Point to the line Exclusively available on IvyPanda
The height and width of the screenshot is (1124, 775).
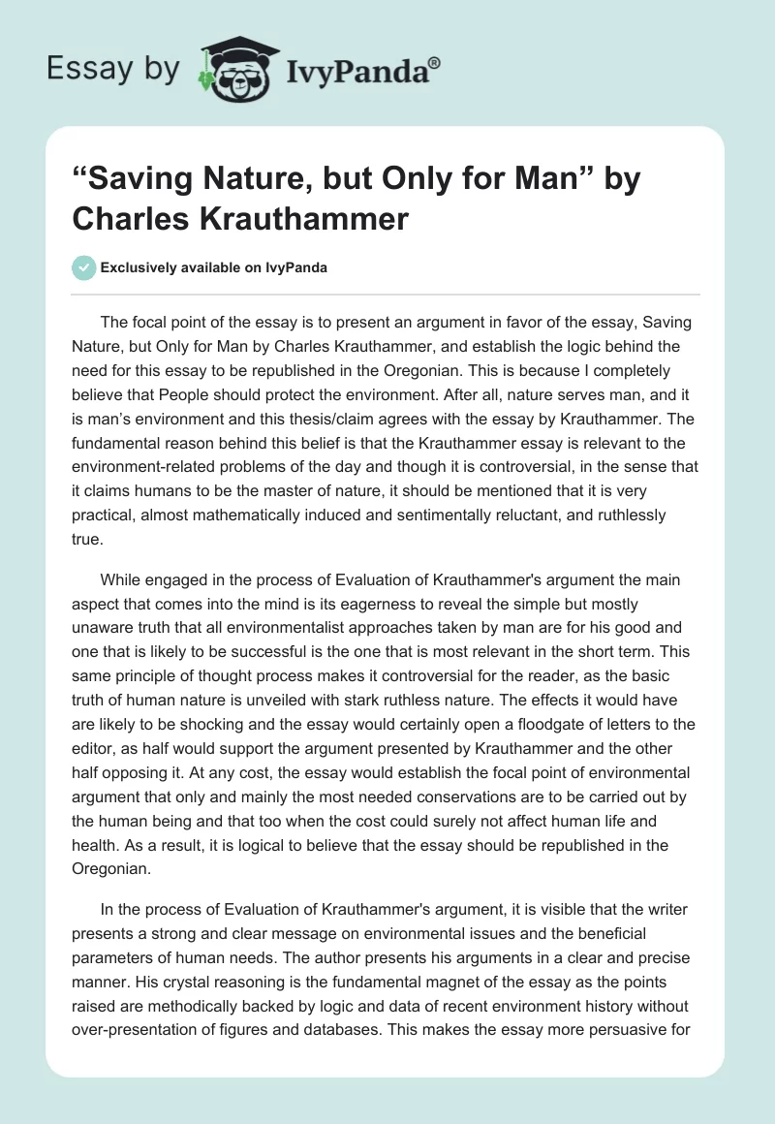point(213,267)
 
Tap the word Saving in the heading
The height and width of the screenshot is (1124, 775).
point(145,180)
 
